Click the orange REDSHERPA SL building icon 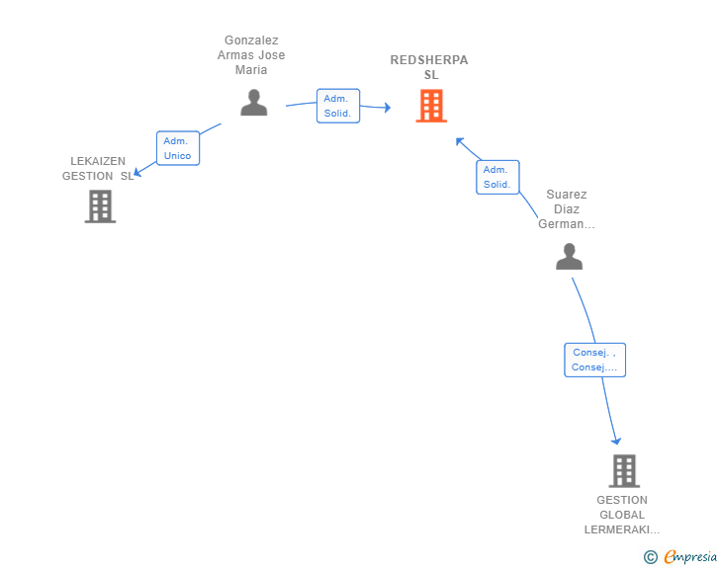pos(431,106)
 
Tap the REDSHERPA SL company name pos(429,67)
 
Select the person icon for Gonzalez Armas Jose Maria pos(254,103)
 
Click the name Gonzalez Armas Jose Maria pos(251,55)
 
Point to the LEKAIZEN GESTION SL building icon pos(100,206)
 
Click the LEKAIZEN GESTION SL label pos(97,168)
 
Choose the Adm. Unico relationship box pos(178,148)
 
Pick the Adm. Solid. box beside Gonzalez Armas pos(338,106)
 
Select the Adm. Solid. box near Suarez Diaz pos(497,178)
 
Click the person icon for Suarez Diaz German pos(569,257)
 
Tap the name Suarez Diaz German pos(567,209)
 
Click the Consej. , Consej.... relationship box pos(594,360)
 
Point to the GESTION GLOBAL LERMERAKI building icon pos(624,471)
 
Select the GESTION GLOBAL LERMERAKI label pos(622,515)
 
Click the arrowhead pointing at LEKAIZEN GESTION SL pos(138,173)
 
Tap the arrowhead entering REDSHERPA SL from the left pos(386,108)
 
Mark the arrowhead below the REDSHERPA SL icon pos(460,141)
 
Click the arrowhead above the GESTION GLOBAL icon pos(616,440)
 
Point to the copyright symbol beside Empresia pos(651,557)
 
